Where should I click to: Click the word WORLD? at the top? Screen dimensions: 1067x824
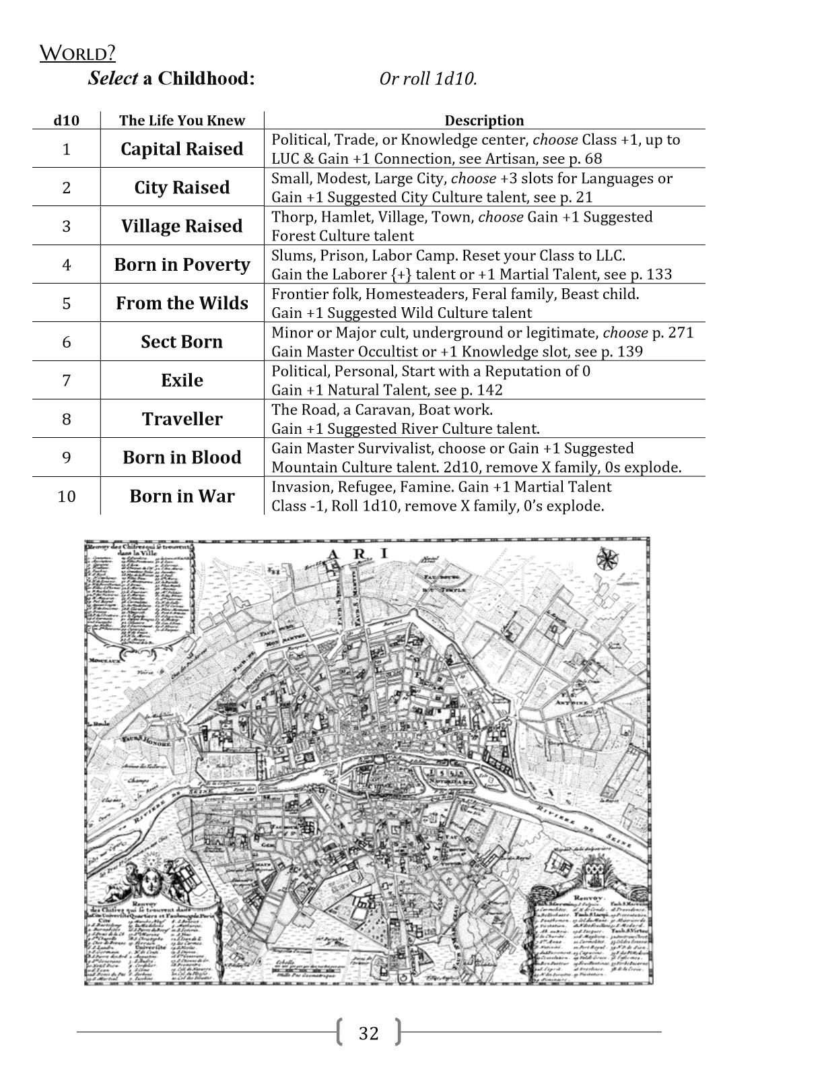[77, 53]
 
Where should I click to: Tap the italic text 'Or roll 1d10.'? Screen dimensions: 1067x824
[428, 79]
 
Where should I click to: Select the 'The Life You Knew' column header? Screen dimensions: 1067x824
[182, 121]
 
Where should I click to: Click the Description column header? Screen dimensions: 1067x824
[484, 121]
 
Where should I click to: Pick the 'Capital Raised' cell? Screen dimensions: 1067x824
[182, 149]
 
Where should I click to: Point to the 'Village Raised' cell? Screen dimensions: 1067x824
[182, 226]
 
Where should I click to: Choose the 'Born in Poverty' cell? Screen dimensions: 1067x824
[182, 265]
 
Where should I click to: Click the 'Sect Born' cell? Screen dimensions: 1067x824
[182, 342]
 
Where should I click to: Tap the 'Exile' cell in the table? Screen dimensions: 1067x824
[182, 381]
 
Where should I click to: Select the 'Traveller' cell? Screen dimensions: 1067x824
[182, 419]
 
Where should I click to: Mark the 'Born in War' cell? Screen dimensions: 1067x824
[182, 496]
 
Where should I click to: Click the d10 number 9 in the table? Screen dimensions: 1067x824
[66, 458]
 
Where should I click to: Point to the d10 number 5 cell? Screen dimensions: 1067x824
[66, 304]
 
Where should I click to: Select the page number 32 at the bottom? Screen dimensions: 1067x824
[369, 1033]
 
